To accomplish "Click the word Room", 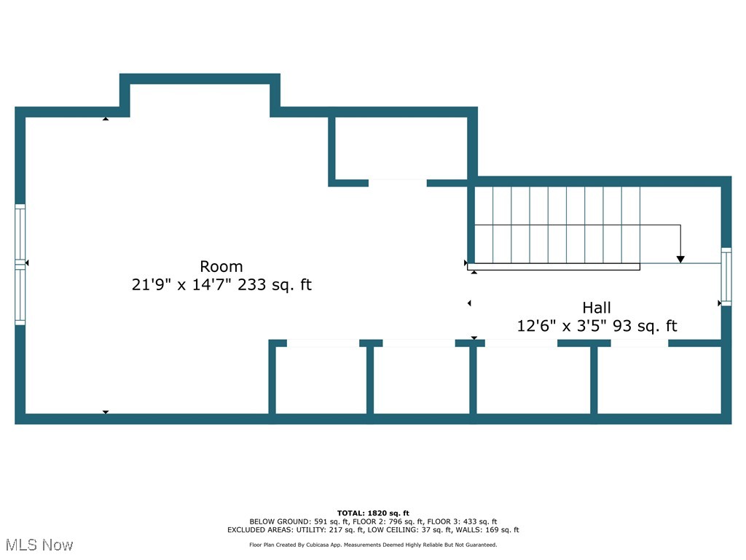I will pyautogui.click(x=221, y=266).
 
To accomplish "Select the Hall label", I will pyautogui.click(x=596, y=308).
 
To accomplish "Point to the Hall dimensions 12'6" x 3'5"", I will pyautogui.click(x=562, y=326).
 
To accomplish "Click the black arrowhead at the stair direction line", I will pyautogui.click(x=680, y=258).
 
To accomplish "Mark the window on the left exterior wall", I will pyautogui.click(x=20, y=264).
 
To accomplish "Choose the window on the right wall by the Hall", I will pyautogui.click(x=726, y=276).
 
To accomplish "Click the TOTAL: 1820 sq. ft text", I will pyautogui.click(x=373, y=513).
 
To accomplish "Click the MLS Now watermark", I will pyautogui.click(x=39, y=545).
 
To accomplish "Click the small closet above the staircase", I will pyautogui.click(x=400, y=148).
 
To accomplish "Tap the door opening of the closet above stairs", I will pyautogui.click(x=397, y=183).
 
